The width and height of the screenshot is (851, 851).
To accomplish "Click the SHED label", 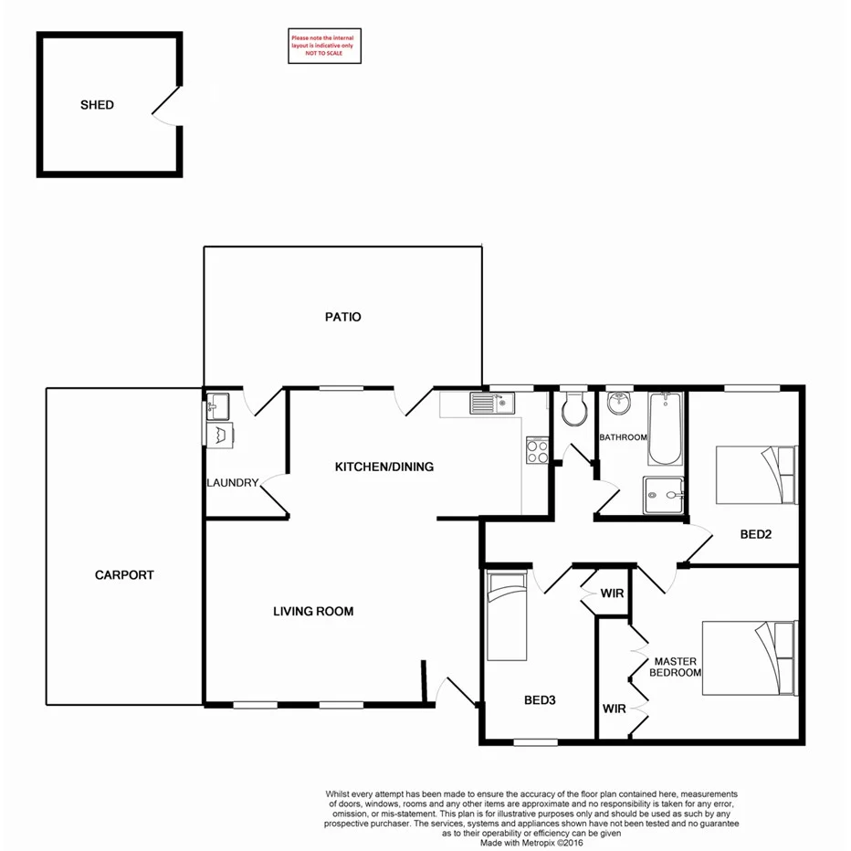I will coord(97,105).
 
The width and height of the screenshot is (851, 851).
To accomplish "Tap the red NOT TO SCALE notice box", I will coord(325,46).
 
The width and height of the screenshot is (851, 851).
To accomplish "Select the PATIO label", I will coord(343,317).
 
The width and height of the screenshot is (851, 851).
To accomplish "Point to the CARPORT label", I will coord(124,575).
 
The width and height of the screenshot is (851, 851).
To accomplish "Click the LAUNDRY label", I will coord(233,483).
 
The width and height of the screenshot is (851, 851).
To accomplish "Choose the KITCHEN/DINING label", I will coord(384,467).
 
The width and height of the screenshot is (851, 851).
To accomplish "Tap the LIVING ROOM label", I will coord(313,611).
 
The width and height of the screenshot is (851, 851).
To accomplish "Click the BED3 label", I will coord(540,701).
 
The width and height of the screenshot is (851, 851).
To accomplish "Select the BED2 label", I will coord(756,534).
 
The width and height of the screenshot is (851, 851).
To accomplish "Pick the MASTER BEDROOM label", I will coord(675,667).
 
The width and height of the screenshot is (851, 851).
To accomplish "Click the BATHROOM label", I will coord(623,437).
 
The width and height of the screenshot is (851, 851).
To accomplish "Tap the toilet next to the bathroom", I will coord(574,410).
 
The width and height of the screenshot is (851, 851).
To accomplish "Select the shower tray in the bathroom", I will coord(665,497).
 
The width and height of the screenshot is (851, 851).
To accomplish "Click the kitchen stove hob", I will coord(536,450).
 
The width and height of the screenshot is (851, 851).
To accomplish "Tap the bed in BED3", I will coord(507,616).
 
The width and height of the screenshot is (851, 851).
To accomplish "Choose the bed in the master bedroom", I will coord(749,659).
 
